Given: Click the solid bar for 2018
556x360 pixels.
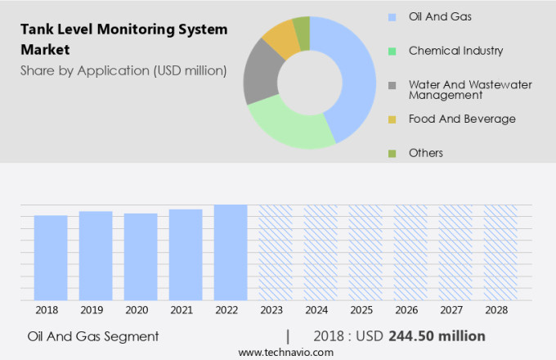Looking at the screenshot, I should point(51,258).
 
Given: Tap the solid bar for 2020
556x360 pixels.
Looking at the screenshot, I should point(141,257).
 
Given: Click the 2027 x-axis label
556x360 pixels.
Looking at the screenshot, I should point(455,311).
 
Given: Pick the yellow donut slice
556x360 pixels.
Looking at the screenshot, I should point(280,38).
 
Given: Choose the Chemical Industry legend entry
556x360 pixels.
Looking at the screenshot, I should point(455,51).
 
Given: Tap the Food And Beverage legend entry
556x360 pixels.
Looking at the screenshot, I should point(462,119).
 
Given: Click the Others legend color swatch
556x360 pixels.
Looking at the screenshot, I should point(392,153).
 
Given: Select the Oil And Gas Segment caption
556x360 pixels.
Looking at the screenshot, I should point(92,336).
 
